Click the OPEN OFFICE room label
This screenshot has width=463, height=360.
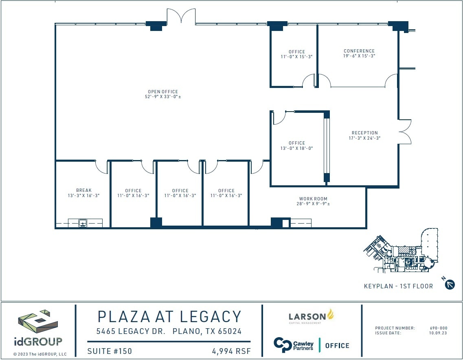[x=163, y=92]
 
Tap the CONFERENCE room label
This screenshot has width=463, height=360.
[x=359, y=51]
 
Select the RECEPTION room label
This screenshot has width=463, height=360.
[x=364, y=133]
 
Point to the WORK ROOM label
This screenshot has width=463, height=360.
[x=313, y=199]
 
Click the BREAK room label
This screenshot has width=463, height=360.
[x=84, y=190]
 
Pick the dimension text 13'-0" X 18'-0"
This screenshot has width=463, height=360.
[x=296, y=148]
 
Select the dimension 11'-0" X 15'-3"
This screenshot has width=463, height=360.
[x=296, y=57]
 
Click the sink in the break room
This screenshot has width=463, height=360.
[x=83, y=223]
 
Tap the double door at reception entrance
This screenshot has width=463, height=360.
[x=405, y=132]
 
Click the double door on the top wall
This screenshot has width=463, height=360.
[x=181, y=16]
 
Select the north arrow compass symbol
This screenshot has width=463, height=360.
[x=450, y=284]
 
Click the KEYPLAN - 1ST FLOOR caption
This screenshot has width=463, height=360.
[x=398, y=286]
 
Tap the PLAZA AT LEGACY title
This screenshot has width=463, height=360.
[x=169, y=316]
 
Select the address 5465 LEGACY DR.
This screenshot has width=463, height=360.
[x=131, y=331]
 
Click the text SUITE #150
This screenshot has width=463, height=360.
[x=110, y=351]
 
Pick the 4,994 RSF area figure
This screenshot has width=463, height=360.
[x=230, y=351]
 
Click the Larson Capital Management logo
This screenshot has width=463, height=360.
[x=311, y=316]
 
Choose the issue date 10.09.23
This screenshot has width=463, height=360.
[x=439, y=333]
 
